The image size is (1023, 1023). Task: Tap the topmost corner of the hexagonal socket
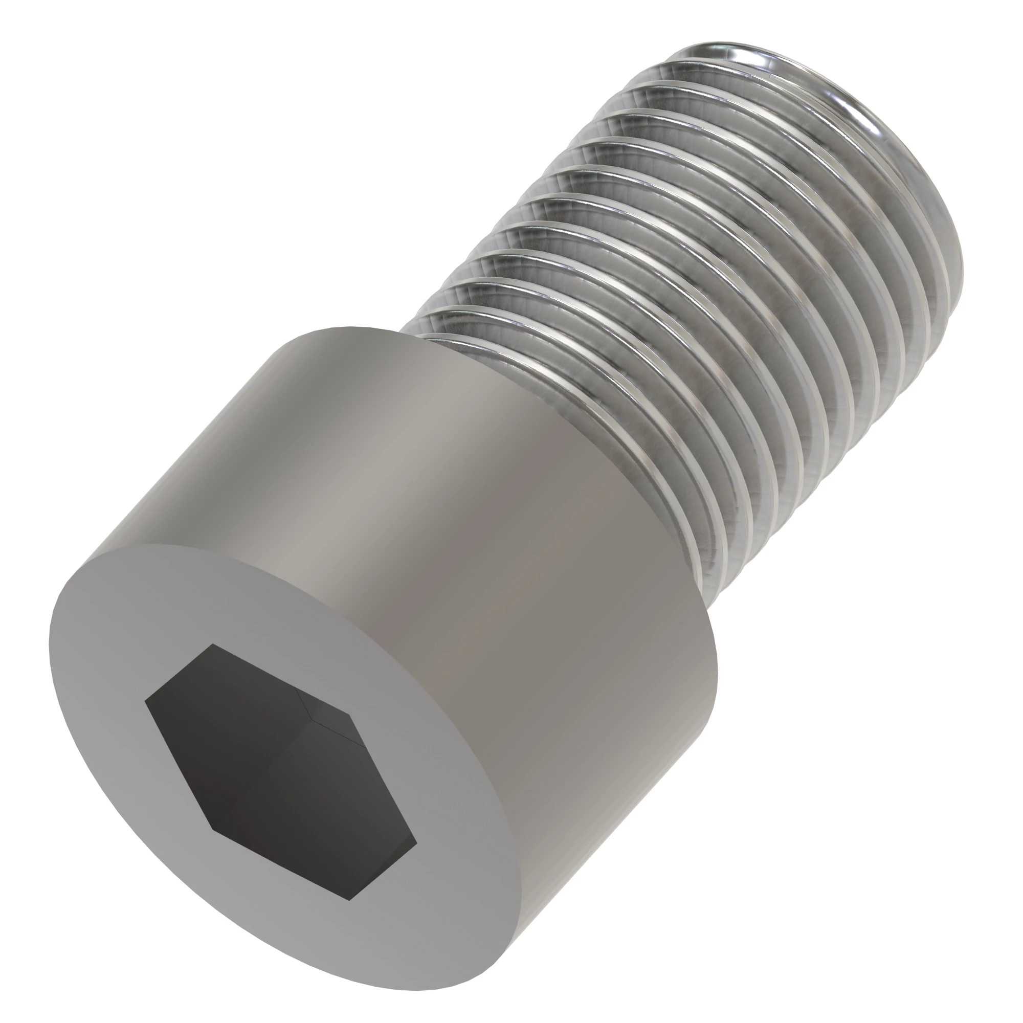click(212, 644)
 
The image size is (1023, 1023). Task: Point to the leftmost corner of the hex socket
click(145, 703)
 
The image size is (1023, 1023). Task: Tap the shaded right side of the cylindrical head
click(609, 688)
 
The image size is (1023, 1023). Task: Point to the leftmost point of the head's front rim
click(49, 641)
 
